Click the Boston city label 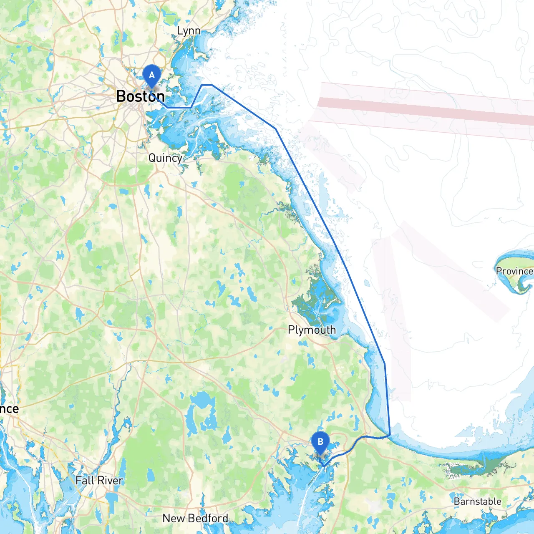click(140, 96)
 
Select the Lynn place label click(189, 31)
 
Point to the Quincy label click(165, 158)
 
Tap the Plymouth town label click(312, 330)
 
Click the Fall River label click(99, 481)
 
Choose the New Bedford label click(195, 518)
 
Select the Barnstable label click(477, 501)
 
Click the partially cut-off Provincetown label click(514, 271)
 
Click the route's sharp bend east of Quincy click(276, 129)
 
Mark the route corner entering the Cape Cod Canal click(389, 436)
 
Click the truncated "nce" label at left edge click(9, 409)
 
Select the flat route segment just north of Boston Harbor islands click(207, 85)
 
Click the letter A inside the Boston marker click(152, 75)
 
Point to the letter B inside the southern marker click(320, 442)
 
